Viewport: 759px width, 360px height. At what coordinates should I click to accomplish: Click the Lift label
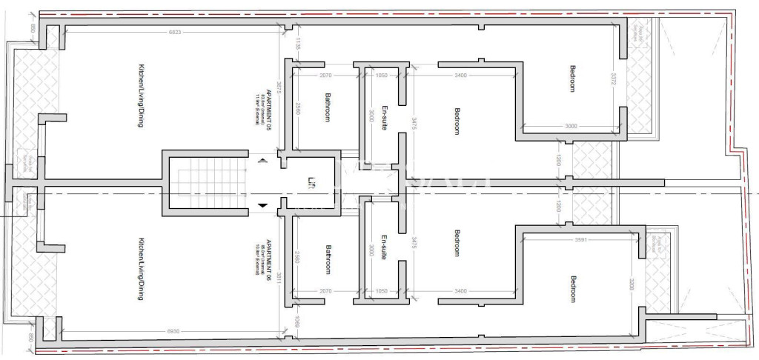point(312,182)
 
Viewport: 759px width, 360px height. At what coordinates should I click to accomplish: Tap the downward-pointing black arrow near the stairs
point(262,205)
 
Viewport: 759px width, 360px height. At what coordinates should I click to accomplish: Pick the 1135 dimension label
point(297,44)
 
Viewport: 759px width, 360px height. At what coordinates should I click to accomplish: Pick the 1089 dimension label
point(297,321)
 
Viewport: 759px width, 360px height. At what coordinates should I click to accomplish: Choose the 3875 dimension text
point(278,90)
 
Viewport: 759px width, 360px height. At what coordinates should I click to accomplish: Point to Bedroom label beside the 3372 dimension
point(572,79)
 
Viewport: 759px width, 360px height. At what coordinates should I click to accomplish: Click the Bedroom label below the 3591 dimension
point(572,290)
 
